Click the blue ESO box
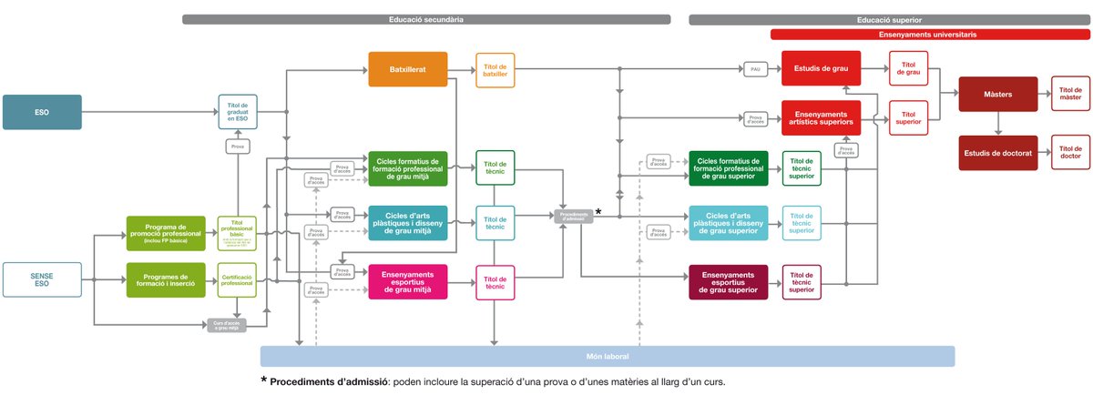pyautogui.click(x=42, y=112)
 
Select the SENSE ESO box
pyautogui.click(x=42, y=280)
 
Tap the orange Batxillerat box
pyautogui.click(x=408, y=69)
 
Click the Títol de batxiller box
pyautogui.click(x=495, y=69)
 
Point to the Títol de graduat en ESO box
pyautogui.click(x=238, y=112)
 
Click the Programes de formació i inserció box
pyautogui.click(x=166, y=279)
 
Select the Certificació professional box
pyautogui.click(x=238, y=279)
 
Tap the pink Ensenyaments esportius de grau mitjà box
pyautogui.click(x=408, y=281)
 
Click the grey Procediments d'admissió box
pyautogui.click(x=574, y=216)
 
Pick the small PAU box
pyautogui.click(x=755, y=69)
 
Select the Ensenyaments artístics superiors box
pyautogui.click(x=822, y=117)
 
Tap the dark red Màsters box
pyautogui.click(x=998, y=94)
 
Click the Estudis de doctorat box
pyautogui.click(x=998, y=153)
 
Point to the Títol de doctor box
pyautogui.click(x=1070, y=153)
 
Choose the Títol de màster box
pyautogui.click(x=1070, y=94)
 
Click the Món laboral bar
pyautogui.click(x=607, y=356)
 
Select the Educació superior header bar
pyautogui.click(x=889, y=19)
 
